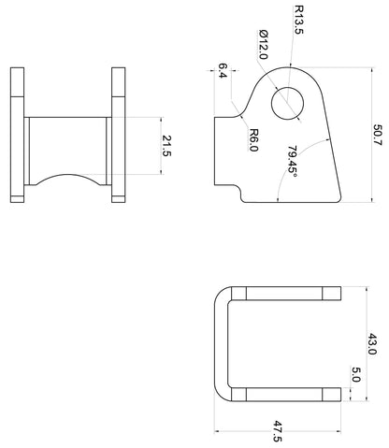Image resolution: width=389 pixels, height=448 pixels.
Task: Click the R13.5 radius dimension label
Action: (x=298, y=20)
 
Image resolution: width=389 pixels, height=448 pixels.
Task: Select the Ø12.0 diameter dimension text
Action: (x=264, y=45)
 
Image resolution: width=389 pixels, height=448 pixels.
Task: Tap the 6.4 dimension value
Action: (x=223, y=71)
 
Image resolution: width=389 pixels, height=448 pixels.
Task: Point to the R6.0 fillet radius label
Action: (x=253, y=140)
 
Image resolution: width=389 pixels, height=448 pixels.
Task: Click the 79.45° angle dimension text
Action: (x=293, y=162)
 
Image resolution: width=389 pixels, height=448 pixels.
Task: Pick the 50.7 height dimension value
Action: (x=377, y=135)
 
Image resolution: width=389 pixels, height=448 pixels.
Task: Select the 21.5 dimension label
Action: (x=166, y=146)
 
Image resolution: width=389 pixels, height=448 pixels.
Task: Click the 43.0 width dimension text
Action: (x=372, y=344)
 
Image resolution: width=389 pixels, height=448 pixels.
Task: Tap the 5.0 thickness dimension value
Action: (x=356, y=374)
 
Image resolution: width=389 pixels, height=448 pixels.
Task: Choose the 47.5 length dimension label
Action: (x=278, y=431)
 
